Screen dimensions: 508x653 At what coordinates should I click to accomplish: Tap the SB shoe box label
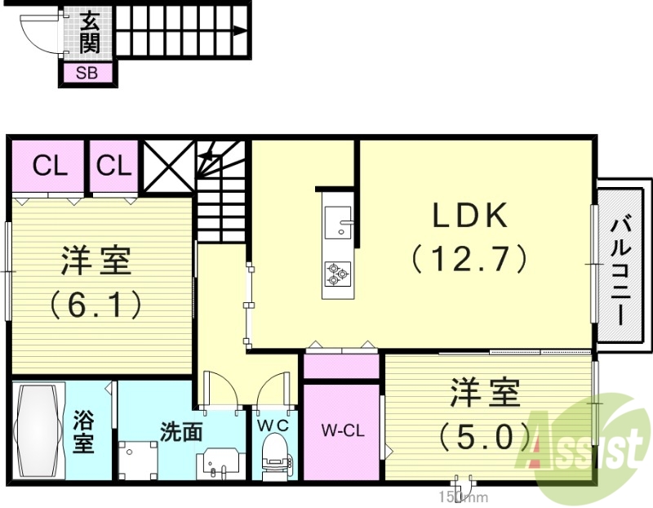pos(87,73)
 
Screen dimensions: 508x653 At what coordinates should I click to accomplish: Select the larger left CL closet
pos(48,166)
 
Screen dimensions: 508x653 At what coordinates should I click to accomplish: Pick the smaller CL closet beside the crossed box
pos(113,166)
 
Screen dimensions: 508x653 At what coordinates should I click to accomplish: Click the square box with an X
pos(168,166)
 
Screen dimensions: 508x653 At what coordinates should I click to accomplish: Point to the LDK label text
pos(470,216)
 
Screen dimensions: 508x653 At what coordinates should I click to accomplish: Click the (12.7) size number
pos(470,259)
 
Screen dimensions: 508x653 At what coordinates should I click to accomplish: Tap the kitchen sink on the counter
pos(337,221)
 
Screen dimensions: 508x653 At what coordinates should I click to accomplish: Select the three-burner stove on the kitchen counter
pos(337,273)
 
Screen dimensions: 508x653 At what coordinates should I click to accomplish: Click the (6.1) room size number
pos(96,305)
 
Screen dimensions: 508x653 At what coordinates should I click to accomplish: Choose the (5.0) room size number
pos(484,437)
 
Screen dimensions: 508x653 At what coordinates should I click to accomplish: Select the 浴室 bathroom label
pos(83,431)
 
